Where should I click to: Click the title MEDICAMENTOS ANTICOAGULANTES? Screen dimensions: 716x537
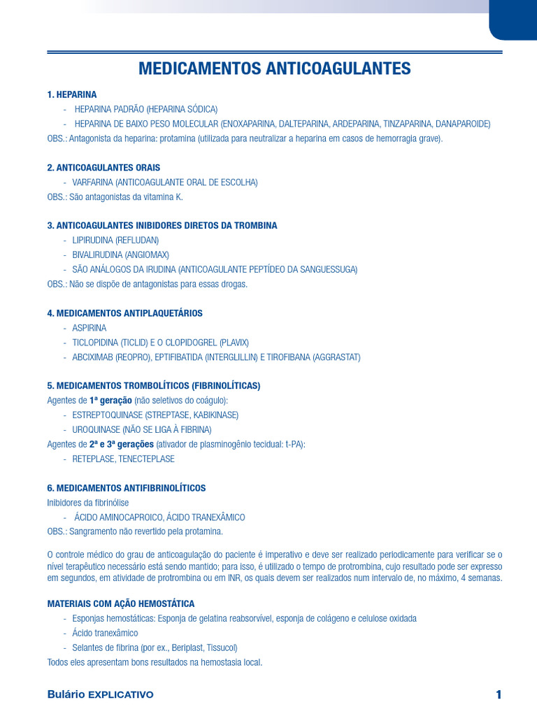click(274, 69)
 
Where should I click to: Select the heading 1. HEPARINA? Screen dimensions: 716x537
click(71, 94)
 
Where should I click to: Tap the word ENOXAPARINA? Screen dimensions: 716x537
click(249, 124)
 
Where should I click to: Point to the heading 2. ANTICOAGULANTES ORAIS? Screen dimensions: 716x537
click(103, 168)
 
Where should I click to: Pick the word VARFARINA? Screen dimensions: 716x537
click(92, 182)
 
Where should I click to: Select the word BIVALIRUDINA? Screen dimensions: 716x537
click(96, 255)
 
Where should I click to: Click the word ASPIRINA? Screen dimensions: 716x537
click(89, 328)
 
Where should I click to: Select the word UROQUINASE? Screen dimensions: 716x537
click(96, 430)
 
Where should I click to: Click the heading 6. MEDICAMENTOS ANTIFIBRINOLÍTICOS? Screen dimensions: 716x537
click(126, 488)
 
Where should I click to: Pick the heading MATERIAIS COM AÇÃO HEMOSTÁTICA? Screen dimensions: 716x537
click(120, 603)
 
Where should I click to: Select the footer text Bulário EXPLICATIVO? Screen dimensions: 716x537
click(100, 694)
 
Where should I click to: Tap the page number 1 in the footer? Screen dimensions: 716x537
click(499, 694)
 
